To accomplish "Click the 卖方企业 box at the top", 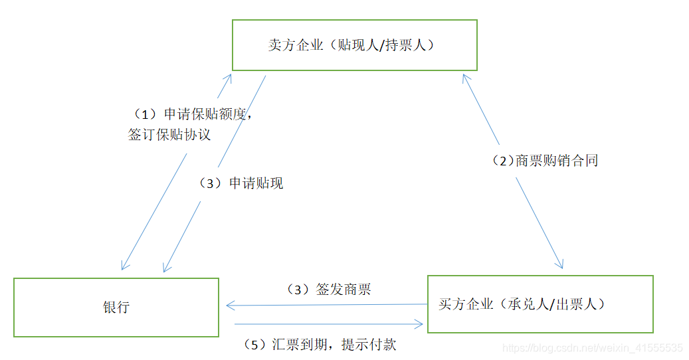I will [x=354, y=45].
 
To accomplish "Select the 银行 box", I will [x=116, y=307].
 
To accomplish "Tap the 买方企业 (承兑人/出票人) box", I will [x=540, y=304].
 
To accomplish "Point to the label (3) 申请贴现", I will [x=242, y=183].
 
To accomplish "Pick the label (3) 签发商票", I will [x=328, y=290].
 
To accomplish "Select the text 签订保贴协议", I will [x=169, y=134].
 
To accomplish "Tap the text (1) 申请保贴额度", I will [x=191, y=114].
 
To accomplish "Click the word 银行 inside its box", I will [x=116, y=308].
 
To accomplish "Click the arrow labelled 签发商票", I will [x=326, y=305].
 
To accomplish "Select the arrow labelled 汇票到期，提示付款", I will [x=329, y=325].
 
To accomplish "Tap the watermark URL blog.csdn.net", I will [x=593, y=348].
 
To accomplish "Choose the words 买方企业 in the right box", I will [x=466, y=304].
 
